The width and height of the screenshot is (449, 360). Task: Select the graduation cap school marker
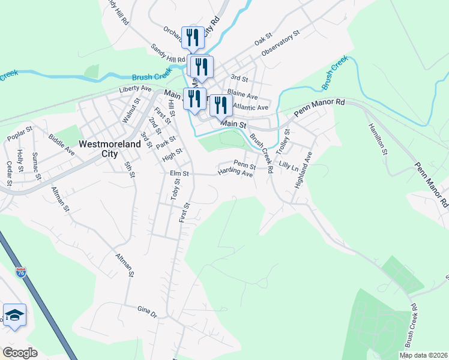[x=14, y=315]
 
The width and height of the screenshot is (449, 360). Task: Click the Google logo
[x=19, y=353]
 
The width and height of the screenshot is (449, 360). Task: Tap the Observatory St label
[x=280, y=46]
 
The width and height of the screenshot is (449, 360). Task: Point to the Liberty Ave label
[x=135, y=88]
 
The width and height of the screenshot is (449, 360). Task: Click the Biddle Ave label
[x=61, y=145]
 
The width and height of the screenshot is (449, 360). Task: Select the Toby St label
[x=175, y=190]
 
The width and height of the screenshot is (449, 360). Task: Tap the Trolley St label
[x=286, y=140]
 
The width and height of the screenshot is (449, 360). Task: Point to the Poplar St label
[x=19, y=137]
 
